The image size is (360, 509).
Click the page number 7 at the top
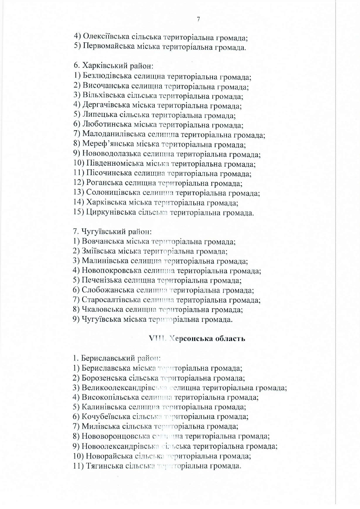(198, 19)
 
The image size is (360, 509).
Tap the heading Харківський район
(113, 66)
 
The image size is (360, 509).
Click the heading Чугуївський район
(112, 232)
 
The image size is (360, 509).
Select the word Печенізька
(101, 280)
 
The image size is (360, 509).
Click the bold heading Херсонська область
(197, 338)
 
